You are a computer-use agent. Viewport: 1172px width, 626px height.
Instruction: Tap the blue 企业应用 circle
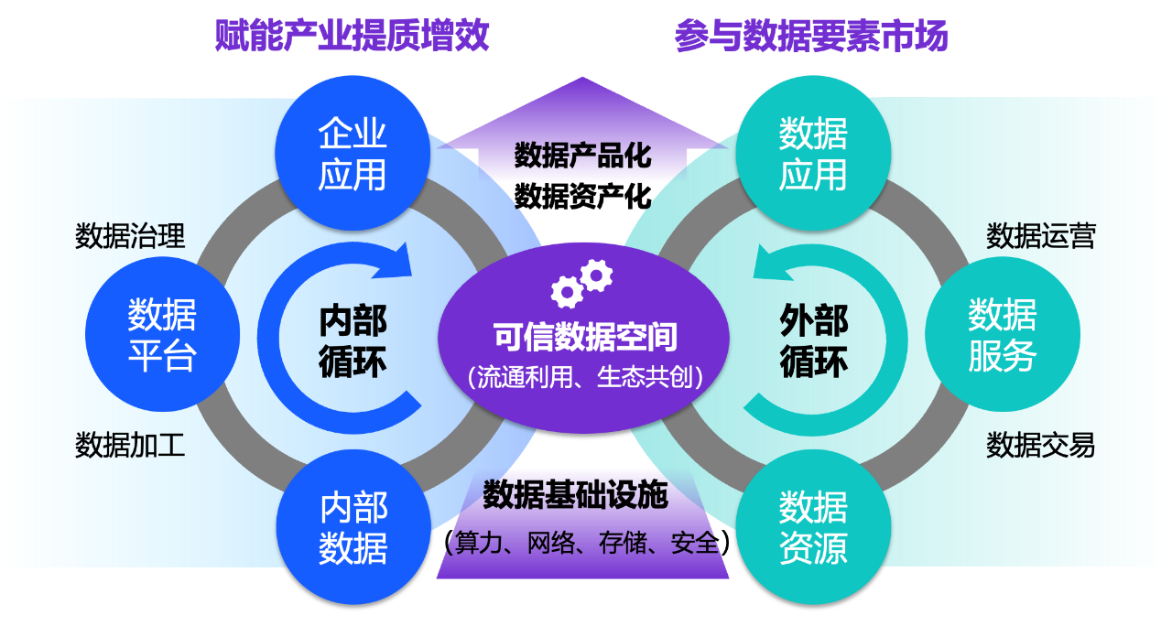(353, 153)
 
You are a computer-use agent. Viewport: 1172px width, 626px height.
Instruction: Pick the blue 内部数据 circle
(353, 527)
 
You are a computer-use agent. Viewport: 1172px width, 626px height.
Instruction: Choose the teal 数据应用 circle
(813, 153)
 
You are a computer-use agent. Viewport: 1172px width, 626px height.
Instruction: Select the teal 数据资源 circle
(813, 527)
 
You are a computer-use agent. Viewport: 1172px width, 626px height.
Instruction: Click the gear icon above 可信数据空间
(582, 282)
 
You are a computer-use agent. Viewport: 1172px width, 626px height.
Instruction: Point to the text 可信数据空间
(585, 338)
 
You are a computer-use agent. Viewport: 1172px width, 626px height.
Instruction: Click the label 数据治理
(130, 236)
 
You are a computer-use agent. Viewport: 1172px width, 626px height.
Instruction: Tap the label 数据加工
(130, 446)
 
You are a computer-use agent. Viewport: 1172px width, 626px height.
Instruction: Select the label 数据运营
(1040, 236)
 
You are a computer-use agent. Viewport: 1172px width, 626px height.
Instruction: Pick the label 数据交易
(1040, 446)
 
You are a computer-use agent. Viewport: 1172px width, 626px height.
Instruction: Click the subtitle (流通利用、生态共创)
(585, 378)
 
